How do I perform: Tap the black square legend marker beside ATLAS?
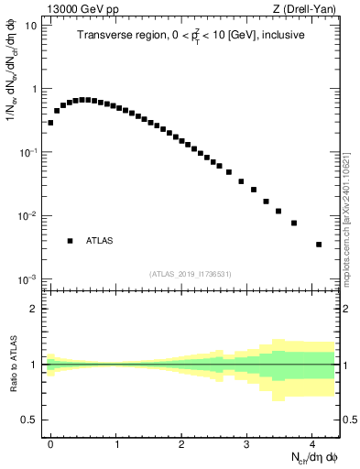70,241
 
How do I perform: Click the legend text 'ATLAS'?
99,241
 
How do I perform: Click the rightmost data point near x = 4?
318,245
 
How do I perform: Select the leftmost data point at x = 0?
50,122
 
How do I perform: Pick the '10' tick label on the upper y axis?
30,26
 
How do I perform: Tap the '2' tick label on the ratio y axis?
34,309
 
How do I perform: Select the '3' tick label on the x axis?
247,441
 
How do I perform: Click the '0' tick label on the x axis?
50,441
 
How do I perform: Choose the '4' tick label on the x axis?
312,441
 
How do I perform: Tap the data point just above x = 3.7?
294,223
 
